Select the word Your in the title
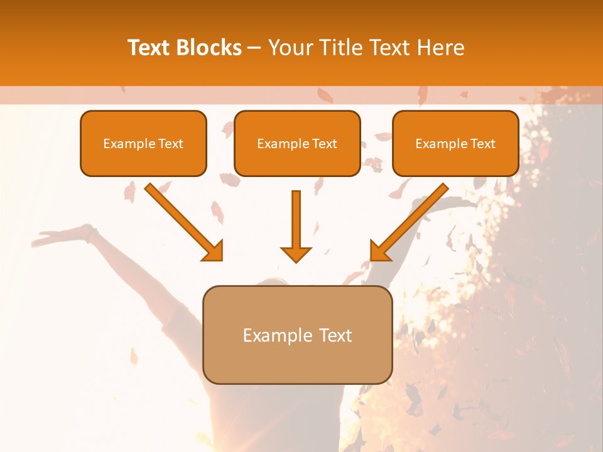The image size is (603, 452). (x=289, y=48)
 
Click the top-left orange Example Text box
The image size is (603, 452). (x=143, y=143)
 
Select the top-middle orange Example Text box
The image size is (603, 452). (x=297, y=143)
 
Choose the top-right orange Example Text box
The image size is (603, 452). (x=455, y=143)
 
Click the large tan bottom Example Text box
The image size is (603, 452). (x=297, y=335)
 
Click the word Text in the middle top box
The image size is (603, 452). (x=324, y=144)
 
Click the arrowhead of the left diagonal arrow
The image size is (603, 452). (x=214, y=250)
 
